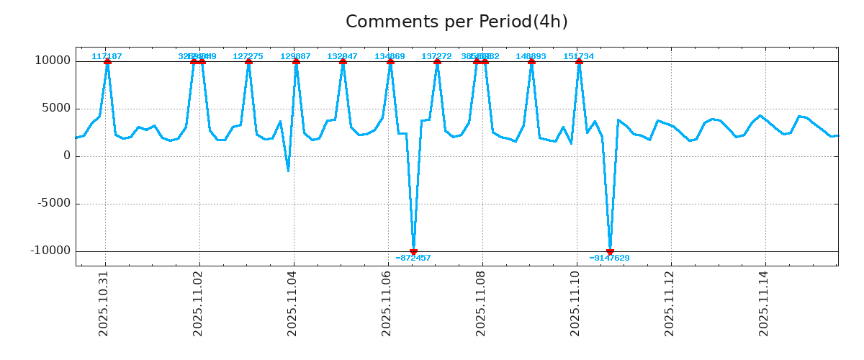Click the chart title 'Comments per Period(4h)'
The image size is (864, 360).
[x=456, y=22]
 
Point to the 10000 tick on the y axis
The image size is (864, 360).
[x=53, y=61]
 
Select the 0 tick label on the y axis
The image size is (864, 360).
[x=67, y=156]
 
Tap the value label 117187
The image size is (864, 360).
[x=107, y=56]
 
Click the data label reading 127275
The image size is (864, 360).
[x=248, y=56]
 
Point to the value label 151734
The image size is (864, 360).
[x=578, y=56]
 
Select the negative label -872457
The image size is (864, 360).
[x=413, y=258]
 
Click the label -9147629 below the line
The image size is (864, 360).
[x=609, y=258]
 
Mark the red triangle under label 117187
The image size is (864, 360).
[x=107, y=62]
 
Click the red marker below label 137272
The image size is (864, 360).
[x=437, y=62]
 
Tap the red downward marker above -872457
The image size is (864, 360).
[x=413, y=251]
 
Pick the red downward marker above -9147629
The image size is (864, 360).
[x=610, y=251]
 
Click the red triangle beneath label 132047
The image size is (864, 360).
[x=343, y=62]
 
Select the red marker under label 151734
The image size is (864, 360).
[x=579, y=62]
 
